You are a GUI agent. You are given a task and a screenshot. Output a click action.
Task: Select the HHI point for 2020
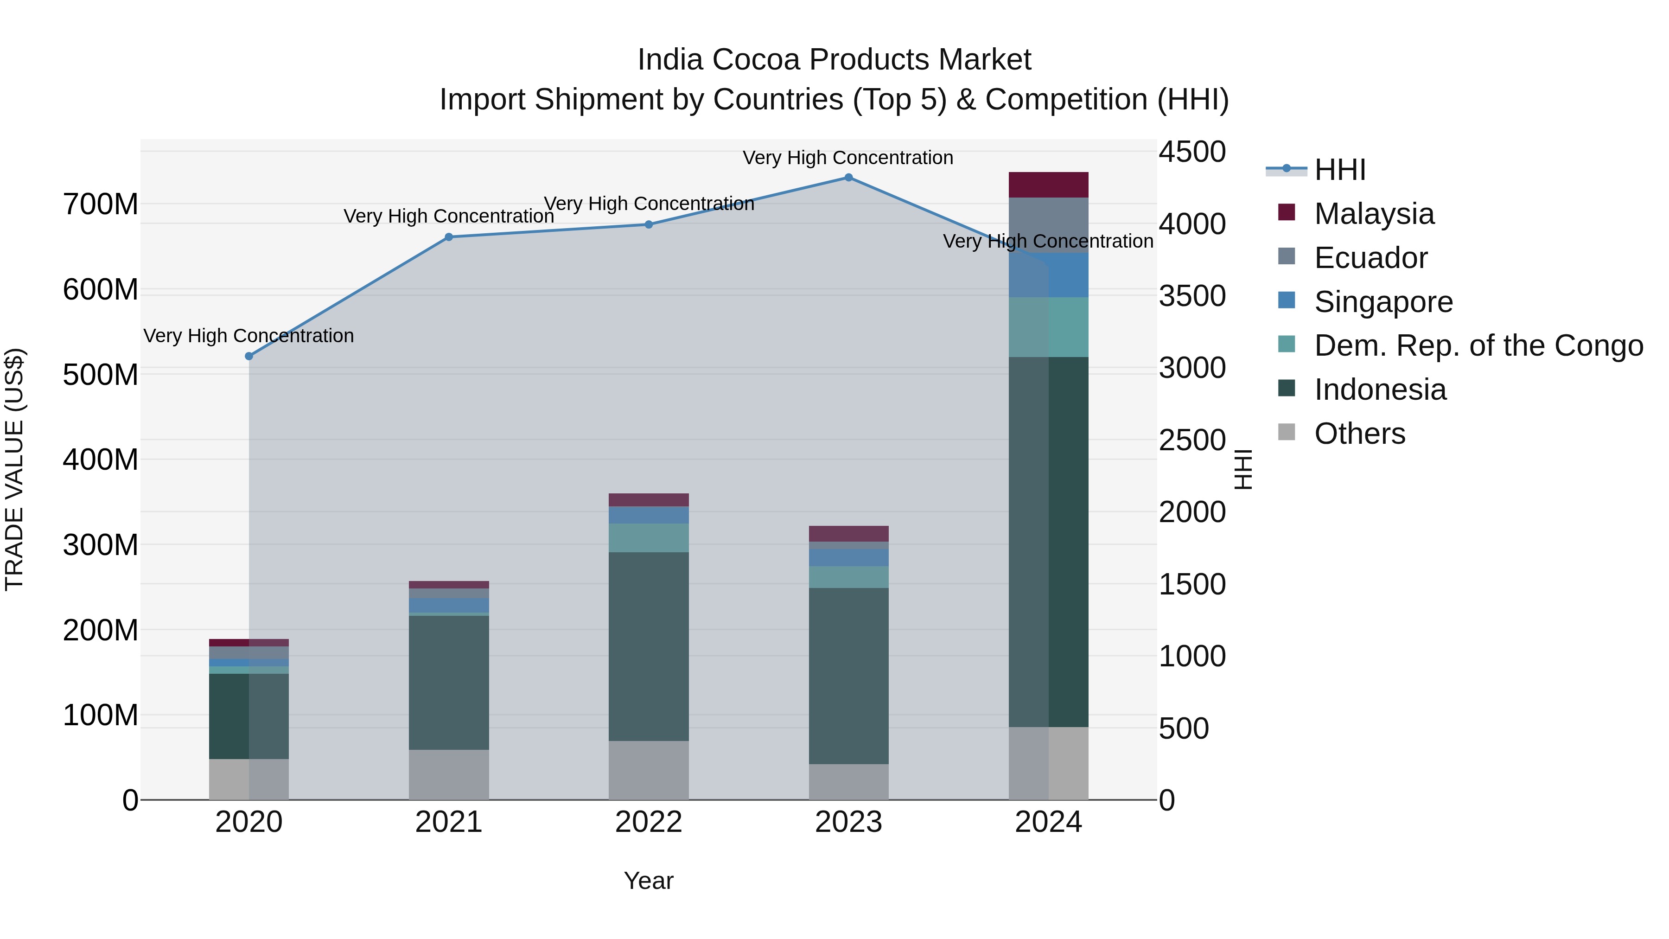click(x=249, y=357)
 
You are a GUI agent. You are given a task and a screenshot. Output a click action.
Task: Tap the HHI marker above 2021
click(x=448, y=237)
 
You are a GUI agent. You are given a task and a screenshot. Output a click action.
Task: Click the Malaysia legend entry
click(x=1374, y=214)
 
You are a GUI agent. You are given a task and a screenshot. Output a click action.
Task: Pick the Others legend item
click(x=1359, y=434)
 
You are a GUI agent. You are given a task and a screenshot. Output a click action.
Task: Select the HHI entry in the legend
click(x=1339, y=170)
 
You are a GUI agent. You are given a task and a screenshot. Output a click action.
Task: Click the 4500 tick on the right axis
click(x=1191, y=152)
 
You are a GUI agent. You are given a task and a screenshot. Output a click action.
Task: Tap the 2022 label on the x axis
click(x=648, y=822)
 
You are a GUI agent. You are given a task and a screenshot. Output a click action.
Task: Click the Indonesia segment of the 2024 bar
click(x=1048, y=541)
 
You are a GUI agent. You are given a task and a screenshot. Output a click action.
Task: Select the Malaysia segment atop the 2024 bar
click(x=1048, y=185)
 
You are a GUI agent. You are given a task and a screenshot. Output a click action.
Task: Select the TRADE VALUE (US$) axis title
click(x=14, y=469)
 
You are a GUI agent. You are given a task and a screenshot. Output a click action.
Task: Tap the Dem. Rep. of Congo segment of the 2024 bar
click(x=1048, y=327)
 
